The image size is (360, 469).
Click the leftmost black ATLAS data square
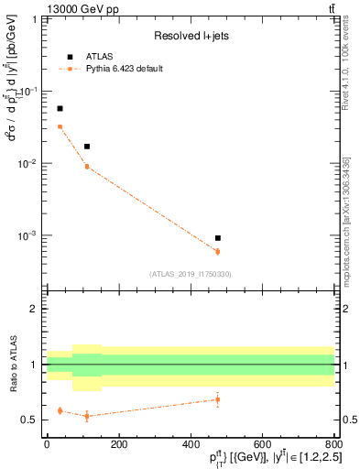coord(60,108)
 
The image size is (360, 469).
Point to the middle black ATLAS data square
coord(87,147)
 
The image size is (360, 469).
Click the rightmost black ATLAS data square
coord(217,238)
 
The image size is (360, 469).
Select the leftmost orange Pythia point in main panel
coord(60,126)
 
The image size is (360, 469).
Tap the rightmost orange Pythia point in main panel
coord(217,251)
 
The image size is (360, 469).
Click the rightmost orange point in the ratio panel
coord(217,398)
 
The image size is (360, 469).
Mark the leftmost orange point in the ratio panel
coord(60,410)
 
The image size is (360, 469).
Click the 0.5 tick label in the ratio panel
coord(31,420)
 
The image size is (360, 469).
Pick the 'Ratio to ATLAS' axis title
coord(13,364)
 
